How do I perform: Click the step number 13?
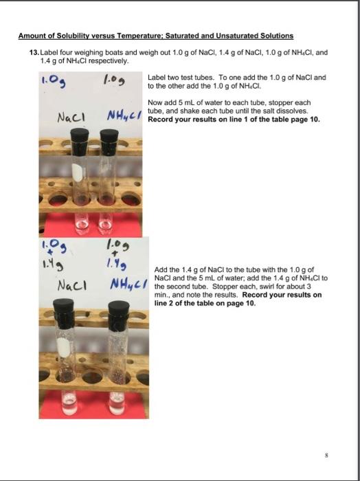(34, 52)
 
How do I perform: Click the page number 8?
(326, 455)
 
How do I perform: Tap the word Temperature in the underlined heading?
(140, 36)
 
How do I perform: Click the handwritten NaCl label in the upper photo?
(71, 118)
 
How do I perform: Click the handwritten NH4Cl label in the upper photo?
(124, 116)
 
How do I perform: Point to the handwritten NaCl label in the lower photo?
(72, 286)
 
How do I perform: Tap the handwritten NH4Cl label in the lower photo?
(128, 284)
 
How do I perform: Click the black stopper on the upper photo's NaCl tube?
(80, 142)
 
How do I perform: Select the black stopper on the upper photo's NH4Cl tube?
(109, 142)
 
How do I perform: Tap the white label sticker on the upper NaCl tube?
(77, 172)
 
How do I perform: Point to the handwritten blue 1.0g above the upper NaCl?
(53, 80)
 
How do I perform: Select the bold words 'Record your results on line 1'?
(198, 120)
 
